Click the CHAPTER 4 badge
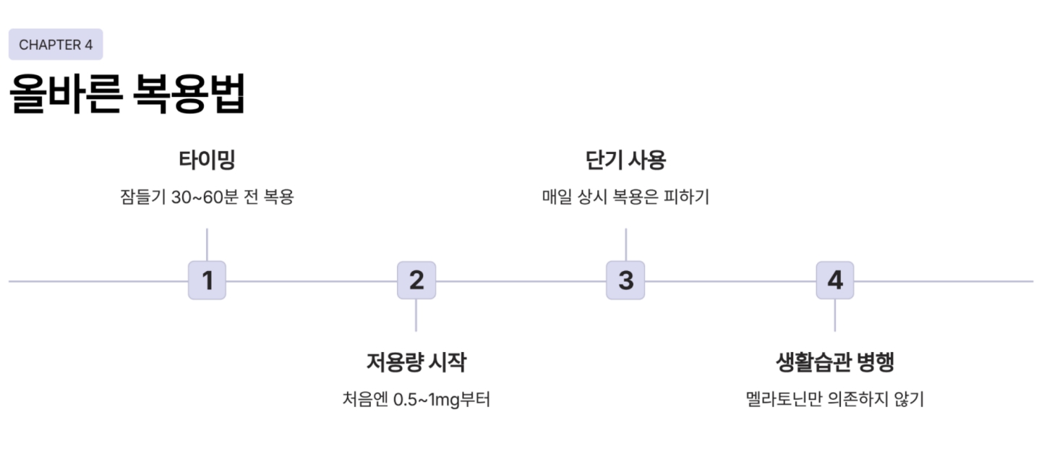(x=56, y=45)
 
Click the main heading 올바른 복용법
(x=127, y=94)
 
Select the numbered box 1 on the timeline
(x=207, y=280)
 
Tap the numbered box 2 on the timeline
(x=416, y=280)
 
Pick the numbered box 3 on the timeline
(x=625, y=280)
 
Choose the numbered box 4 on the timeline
(x=835, y=280)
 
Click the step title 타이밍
(x=207, y=160)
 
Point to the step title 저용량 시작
(x=416, y=361)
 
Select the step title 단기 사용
(x=625, y=160)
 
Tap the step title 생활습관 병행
(x=835, y=361)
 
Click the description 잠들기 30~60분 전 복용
(x=207, y=197)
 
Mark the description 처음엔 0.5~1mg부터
(x=416, y=399)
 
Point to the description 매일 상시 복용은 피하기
(x=625, y=197)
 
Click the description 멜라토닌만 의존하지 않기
(x=835, y=399)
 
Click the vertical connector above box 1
(x=207, y=244)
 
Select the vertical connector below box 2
(x=416, y=315)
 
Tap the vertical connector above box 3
(x=625, y=244)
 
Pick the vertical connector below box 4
(x=835, y=315)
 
